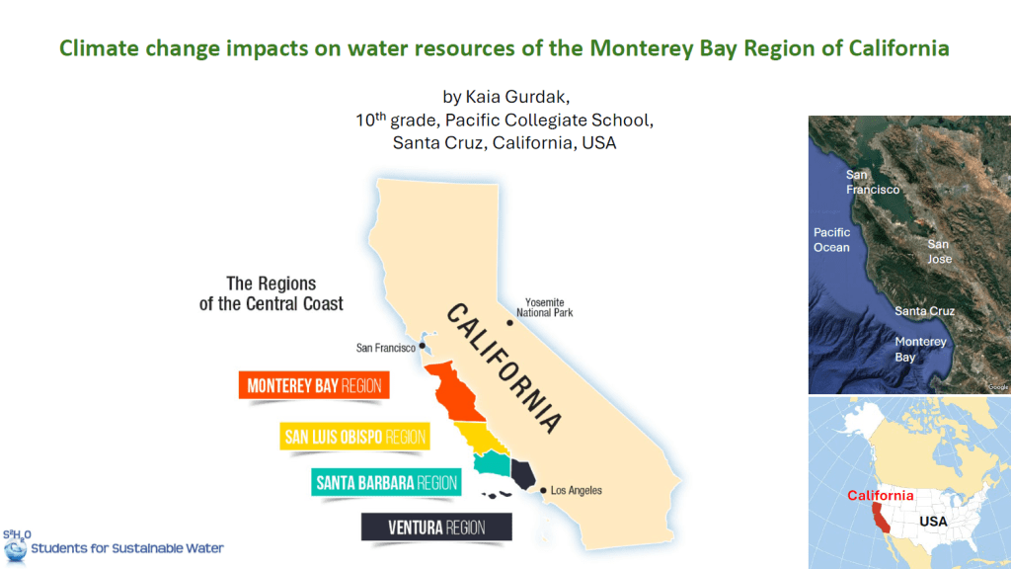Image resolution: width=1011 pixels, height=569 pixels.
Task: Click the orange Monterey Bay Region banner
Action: tap(314, 385)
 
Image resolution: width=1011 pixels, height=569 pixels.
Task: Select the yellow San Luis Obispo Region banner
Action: tap(354, 437)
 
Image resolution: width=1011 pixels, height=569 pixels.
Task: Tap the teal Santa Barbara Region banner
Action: tap(386, 482)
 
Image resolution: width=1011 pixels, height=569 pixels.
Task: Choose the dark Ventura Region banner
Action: tap(436, 528)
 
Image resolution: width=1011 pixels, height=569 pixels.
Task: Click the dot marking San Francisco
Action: tap(423, 346)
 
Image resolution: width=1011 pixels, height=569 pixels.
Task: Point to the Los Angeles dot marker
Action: tap(543, 490)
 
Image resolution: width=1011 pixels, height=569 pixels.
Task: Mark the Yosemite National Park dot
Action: tap(509, 323)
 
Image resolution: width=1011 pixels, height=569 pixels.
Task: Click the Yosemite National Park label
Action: tap(545, 307)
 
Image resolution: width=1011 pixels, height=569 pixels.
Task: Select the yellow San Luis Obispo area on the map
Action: tap(481, 438)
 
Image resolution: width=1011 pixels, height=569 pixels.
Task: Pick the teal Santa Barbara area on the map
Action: tap(492, 462)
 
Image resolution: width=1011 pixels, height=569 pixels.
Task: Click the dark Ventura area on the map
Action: tap(522, 474)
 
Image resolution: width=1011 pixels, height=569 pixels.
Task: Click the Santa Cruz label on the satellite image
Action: tap(924, 311)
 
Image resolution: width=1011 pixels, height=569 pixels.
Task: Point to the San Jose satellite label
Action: tap(939, 252)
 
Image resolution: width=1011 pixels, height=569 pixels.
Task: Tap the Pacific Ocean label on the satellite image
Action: tap(831, 239)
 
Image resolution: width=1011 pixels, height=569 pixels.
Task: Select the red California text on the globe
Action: tap(880, 496)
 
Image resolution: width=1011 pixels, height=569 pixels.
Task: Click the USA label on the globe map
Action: tap(933, 522)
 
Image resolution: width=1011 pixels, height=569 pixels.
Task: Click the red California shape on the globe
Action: tap(880, 518)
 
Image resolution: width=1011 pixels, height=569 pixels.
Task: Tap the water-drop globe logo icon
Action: tap(15, 550)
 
